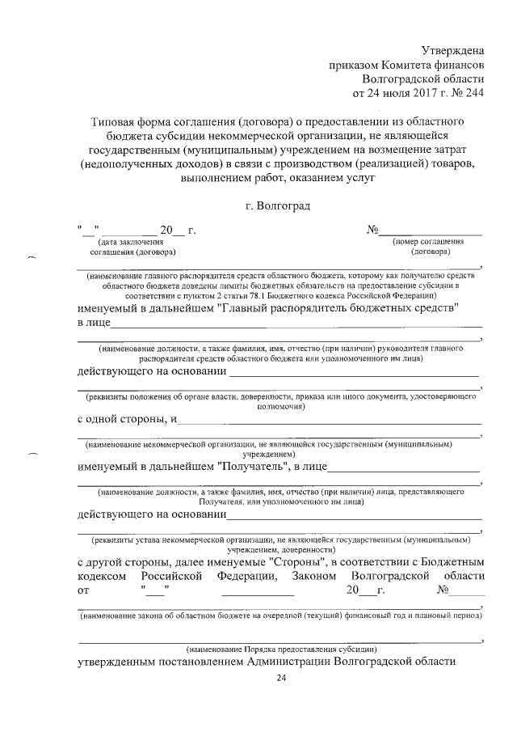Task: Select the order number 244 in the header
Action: tap(473, 93)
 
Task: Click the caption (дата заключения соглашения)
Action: tap(130, 246)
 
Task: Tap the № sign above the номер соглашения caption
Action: tap(373, 231)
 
